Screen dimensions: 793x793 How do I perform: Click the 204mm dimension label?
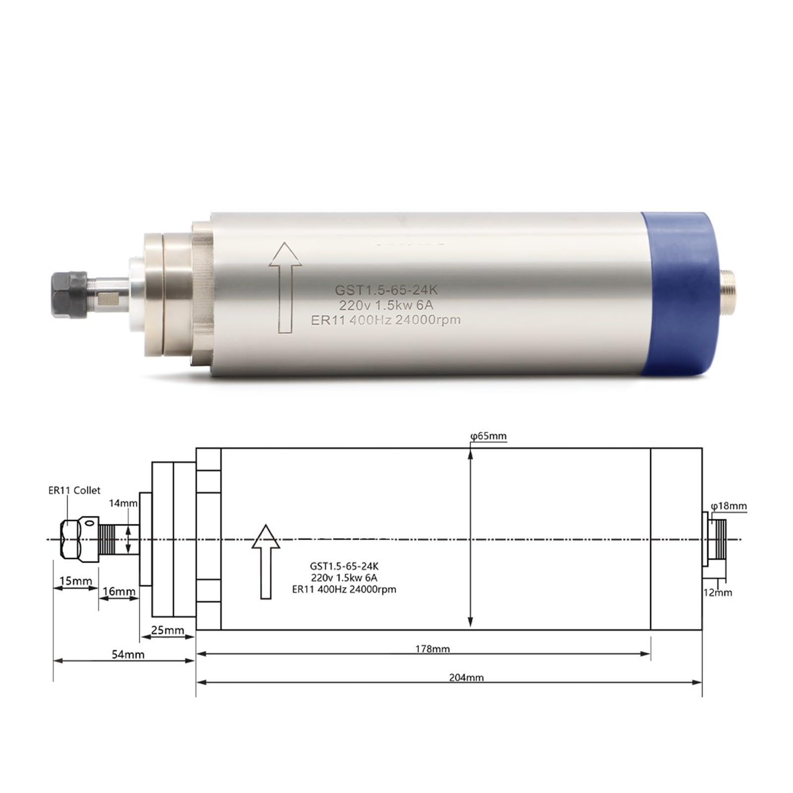tap(466, 677)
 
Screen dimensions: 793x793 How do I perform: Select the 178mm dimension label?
tap(432, 649)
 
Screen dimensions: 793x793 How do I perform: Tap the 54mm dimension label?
tap(128, 654)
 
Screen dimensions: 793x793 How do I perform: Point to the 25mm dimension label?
tap(167, 630)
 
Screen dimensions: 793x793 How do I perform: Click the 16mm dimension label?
tap(119, 591)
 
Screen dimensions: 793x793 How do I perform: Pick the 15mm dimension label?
tap(75, 581)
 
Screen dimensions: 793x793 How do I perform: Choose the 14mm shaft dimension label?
tap(123, 504)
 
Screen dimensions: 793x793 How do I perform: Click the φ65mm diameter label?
tap(489, 436)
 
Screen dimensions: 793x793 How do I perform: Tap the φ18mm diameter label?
tap(729, 506)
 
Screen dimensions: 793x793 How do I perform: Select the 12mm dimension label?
tap(718, 592)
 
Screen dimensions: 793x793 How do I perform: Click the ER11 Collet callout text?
tap(74, 490)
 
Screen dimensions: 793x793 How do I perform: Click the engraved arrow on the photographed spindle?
tap(285, 287)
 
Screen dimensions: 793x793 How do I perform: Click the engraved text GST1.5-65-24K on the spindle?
tap(386, 290)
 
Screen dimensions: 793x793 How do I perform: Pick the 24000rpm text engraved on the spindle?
tap(427, 320)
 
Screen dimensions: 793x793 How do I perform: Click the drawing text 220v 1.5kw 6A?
tap(344, 578)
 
